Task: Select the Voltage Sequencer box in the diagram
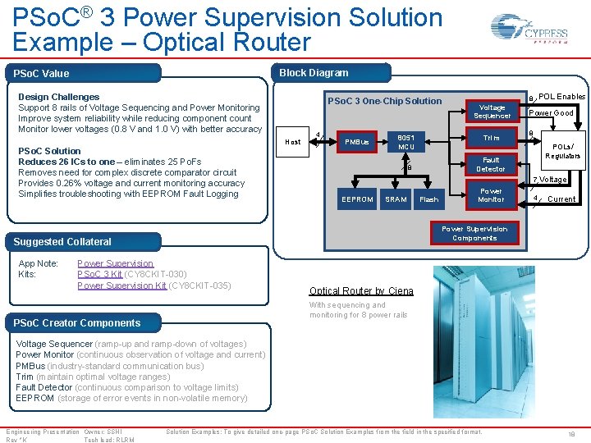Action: point(492,112)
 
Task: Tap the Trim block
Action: point(492,138)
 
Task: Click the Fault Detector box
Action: point(492,164)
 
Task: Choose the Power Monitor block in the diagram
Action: point(492,194)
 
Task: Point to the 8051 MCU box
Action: point(405,142)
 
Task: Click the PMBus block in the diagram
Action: point(356,143)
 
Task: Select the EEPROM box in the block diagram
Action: point(357,199)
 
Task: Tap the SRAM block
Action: point(396,199)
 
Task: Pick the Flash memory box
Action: point(428,199)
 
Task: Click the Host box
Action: point(292,142)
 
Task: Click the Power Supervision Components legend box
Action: point(474,233)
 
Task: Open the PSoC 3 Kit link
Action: point(99,274)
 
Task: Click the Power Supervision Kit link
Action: point(121,285)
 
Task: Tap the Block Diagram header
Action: point(314,73)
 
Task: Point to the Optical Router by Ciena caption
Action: point(361,291)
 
